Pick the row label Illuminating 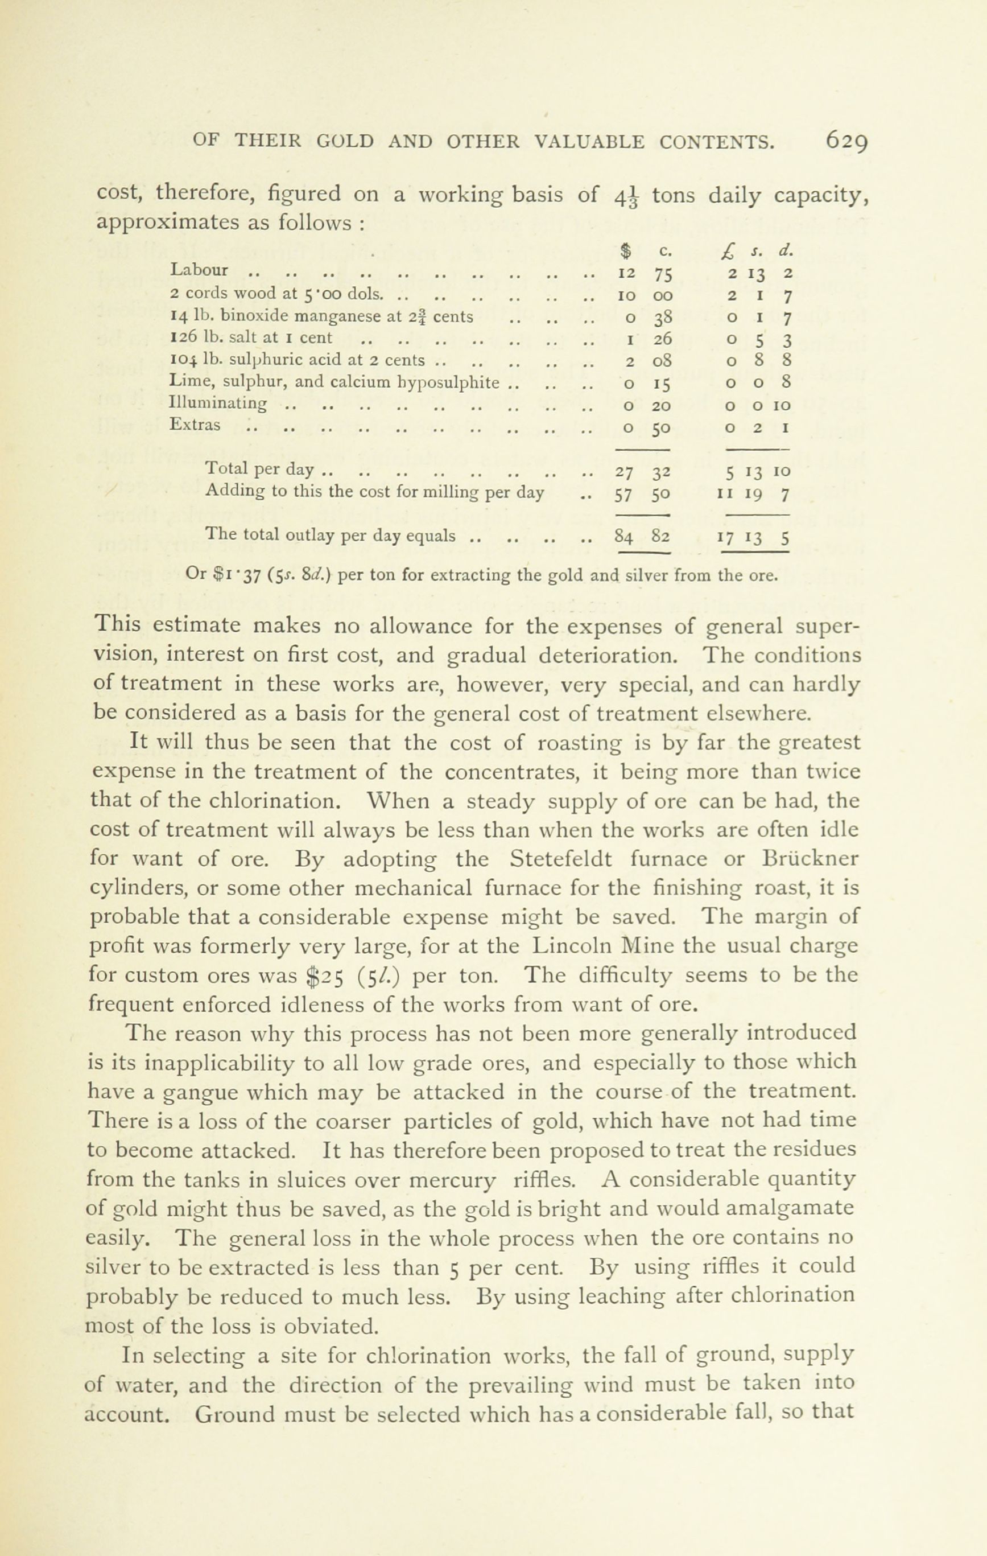[x=218, y=405]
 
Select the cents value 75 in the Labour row [x=663, y=273]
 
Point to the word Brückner [x=810, y=859]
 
